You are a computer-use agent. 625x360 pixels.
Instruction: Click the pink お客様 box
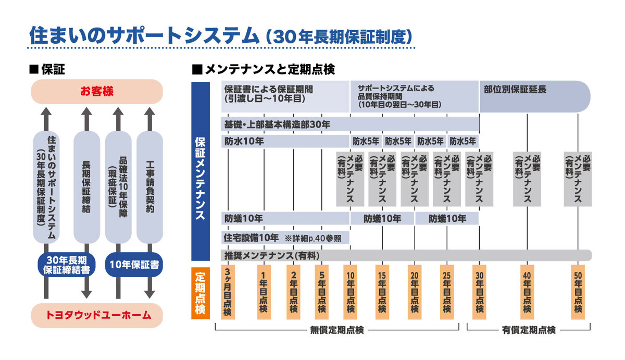click(x=97, y=92)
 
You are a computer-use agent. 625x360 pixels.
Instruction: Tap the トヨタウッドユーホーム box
click(x=97, y=315)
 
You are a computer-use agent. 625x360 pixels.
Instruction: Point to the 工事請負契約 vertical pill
click(x=149, y=188)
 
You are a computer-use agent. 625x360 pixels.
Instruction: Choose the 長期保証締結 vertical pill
click(x=86, y=188)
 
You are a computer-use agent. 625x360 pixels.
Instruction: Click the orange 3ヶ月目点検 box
click(x=228, y=291)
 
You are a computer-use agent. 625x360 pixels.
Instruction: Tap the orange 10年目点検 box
click(x=350, y=291)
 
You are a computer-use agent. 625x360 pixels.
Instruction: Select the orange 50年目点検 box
click(x=578, y=291)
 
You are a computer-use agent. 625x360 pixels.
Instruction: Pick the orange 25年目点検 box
click(x=446, y=291)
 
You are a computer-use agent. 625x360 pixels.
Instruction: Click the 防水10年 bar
click(x=285, y=141)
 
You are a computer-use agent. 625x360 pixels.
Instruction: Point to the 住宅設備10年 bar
click(x=285, y=238)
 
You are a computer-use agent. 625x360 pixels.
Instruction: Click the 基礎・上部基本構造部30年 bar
click(x=350, y=125)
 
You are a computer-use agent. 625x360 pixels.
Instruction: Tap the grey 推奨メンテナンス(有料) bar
click(x=406, y=255)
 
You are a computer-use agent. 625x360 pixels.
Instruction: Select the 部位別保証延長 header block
click(x=534, y=96)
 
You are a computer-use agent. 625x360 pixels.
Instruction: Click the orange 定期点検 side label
click(x=201, y=291)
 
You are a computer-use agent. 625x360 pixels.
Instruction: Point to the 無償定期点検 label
click(x=337, y=330)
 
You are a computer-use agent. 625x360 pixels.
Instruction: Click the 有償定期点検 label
click(x=529, y=330)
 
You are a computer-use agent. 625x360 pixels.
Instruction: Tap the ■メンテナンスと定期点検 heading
click(x=264, y=69)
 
